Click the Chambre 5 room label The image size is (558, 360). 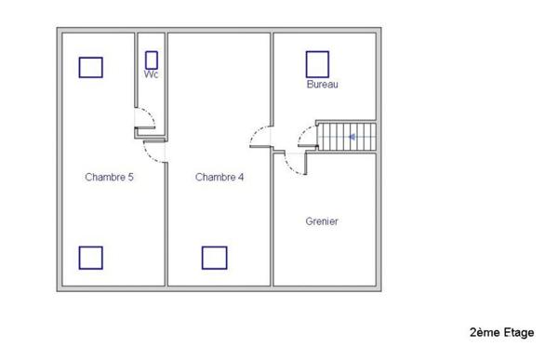tap(109, 177)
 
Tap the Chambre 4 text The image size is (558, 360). tap(219, 177)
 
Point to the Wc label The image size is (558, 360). tap(151, 73)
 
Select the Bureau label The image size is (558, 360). tap(322, 85)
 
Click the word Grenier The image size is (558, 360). tap(322, 221)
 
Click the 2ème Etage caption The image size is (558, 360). tap(502, 332)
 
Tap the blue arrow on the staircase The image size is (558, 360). tap(353, 137)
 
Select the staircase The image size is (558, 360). tap(346, 137)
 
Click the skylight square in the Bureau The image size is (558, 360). tap(318, 63)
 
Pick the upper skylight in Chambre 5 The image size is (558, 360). tap(90, 67)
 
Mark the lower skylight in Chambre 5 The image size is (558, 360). tap(90, 258)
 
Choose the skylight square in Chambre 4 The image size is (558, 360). tap(215, 258)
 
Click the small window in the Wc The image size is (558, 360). tap(152, 60)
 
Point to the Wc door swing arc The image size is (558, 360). tap(144, 119)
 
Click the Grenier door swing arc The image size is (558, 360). tap(292, 165)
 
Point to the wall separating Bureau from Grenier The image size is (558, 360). tap(344, 153)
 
